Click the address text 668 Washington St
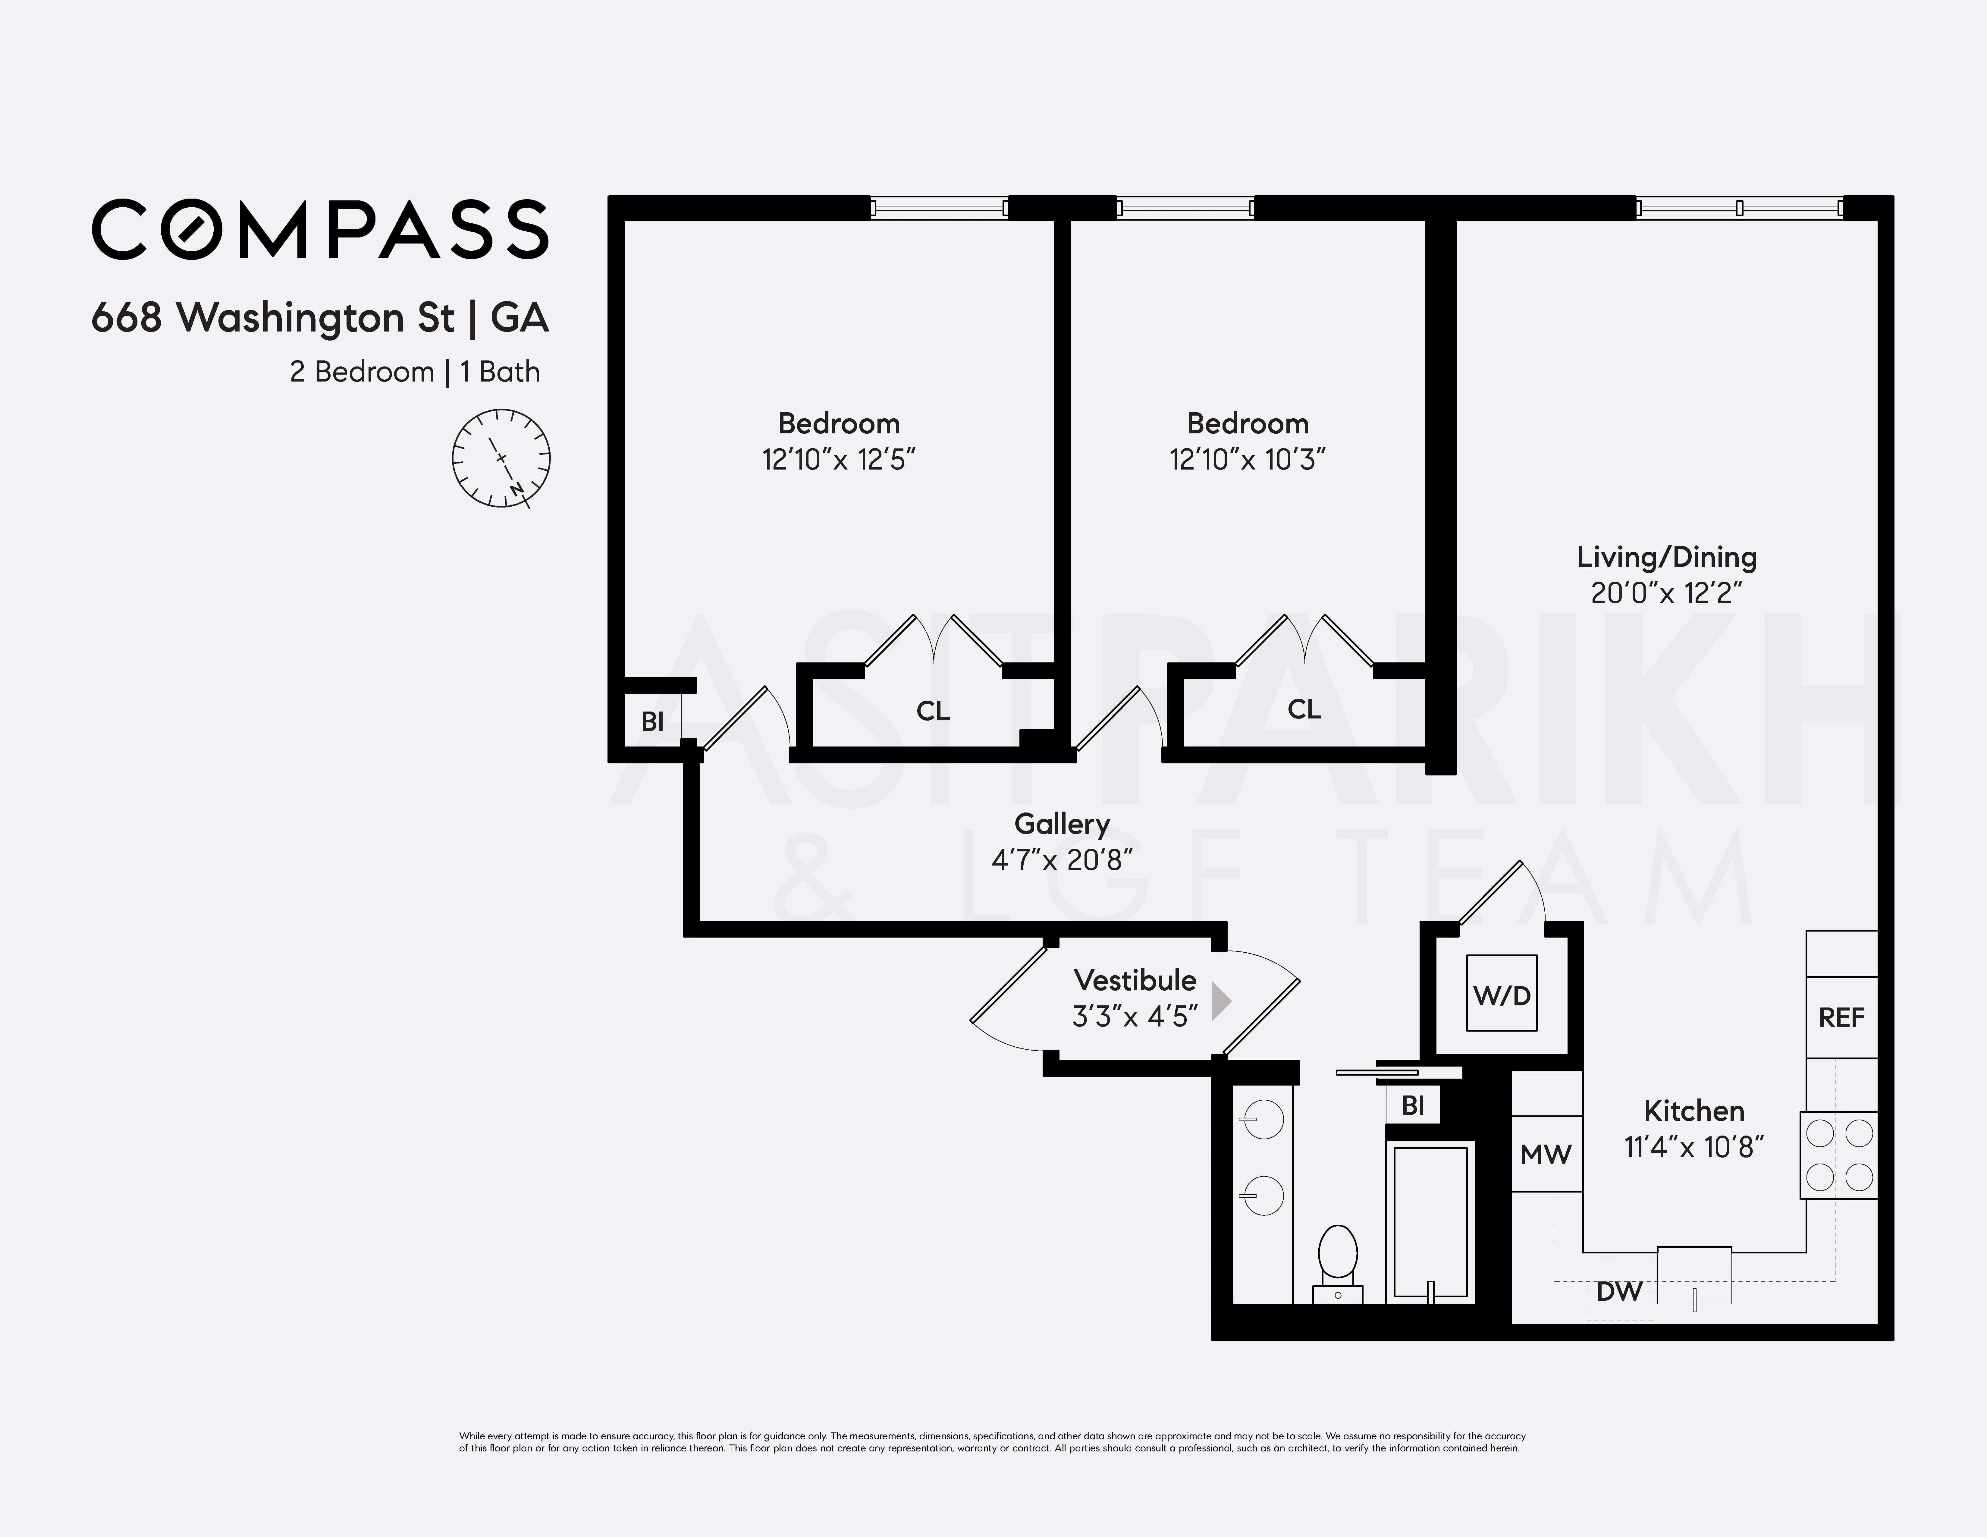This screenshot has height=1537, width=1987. click(273, 318)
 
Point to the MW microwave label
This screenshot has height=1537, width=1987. click(1546, 1155)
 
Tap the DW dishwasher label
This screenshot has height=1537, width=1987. click(1619, 1290)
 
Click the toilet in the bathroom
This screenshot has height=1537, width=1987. click(1337, 1260)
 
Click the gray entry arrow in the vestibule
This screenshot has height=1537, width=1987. click(1221, 1001)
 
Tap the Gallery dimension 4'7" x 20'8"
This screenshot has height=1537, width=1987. click(1062, 860)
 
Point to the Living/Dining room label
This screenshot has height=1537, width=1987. click(1666, 557)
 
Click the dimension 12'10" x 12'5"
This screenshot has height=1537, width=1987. click(838, 460)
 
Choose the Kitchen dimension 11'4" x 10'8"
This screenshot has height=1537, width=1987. click(1694, 1148)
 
